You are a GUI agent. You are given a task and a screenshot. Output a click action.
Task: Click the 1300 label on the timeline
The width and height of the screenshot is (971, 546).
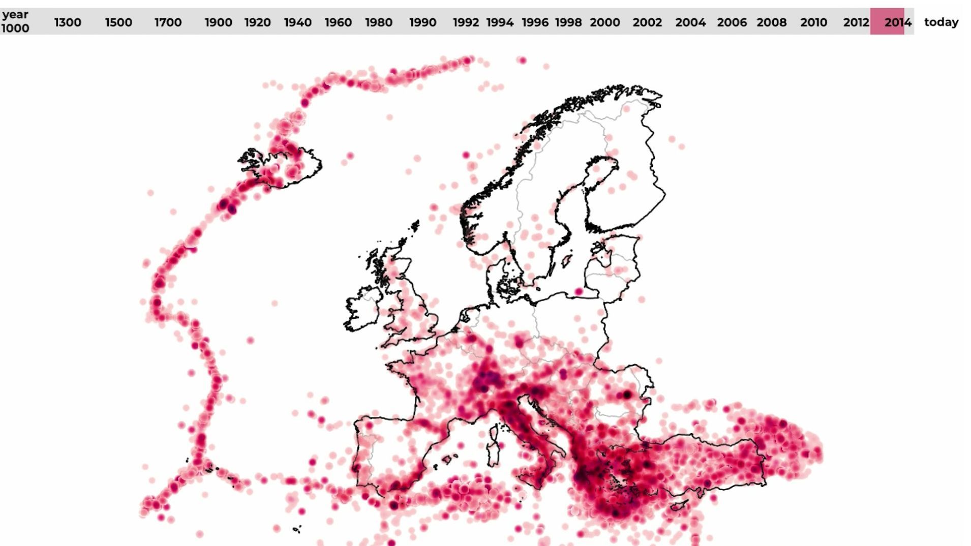[x=68, y=22]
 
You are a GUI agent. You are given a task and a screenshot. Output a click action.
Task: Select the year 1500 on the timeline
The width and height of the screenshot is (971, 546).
[x=118, y=22]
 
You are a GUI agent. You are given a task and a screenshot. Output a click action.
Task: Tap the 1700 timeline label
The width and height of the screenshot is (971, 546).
[x=168, y=22]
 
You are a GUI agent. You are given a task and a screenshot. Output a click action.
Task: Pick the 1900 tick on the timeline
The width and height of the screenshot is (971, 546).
[x=218, y=22]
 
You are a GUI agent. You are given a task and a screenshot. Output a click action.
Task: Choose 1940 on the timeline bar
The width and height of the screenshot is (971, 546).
[x=297, y=22]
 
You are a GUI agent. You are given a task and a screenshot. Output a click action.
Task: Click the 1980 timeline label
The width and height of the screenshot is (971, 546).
[x=378, y=22]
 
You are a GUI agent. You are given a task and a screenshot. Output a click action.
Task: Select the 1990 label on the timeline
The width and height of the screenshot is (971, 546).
[x=422, y=22]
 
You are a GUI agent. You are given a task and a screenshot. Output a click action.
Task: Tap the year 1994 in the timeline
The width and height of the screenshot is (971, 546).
[x=500, y=22]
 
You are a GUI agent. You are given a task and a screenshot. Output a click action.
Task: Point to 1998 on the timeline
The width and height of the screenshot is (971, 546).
[x=568, y=22]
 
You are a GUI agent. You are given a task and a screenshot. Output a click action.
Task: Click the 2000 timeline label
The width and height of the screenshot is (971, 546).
[x=604, y=22]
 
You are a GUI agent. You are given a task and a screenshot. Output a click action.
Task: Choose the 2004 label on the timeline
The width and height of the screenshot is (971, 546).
[x=690, y=22]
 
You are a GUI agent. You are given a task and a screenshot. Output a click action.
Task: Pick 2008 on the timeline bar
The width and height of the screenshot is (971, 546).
[x=771, y=22]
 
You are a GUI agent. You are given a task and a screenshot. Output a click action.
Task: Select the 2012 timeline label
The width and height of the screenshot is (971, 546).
[x=856, y=22]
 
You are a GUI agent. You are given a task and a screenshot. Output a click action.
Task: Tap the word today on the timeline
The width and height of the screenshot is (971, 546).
[x=941, y=22]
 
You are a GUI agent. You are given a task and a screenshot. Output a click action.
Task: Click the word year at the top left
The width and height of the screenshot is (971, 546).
[x=15, y=14]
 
